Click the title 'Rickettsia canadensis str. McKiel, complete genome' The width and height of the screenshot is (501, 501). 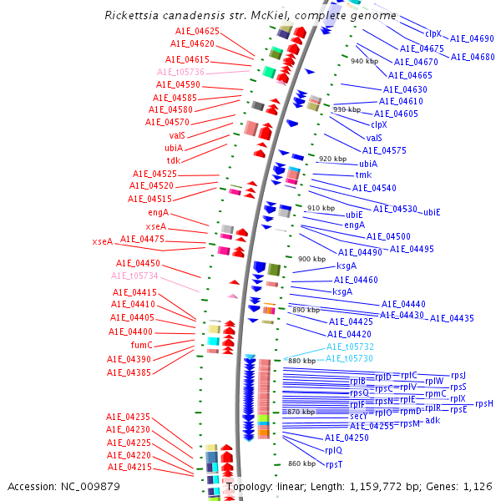click(x=250, y=16)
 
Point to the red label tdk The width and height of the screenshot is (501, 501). click(x=173, y=160)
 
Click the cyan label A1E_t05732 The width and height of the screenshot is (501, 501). click(x=350, y=347)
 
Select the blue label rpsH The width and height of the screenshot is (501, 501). click(x=484, y=404)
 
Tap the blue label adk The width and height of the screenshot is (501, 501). click(x=433, y=420)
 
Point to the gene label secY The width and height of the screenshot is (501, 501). click(x=358, y=416)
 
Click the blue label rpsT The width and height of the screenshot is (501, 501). click(x=334, y=464)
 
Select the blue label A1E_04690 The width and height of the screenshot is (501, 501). click(x=472, y=38)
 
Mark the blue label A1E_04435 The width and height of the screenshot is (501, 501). click(x=452, y=318)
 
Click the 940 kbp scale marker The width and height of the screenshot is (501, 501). click(x=364, y=61)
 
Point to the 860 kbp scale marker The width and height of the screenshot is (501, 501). click(x=301, y=463)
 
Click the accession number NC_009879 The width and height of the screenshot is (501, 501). click(x=86, y=486)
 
